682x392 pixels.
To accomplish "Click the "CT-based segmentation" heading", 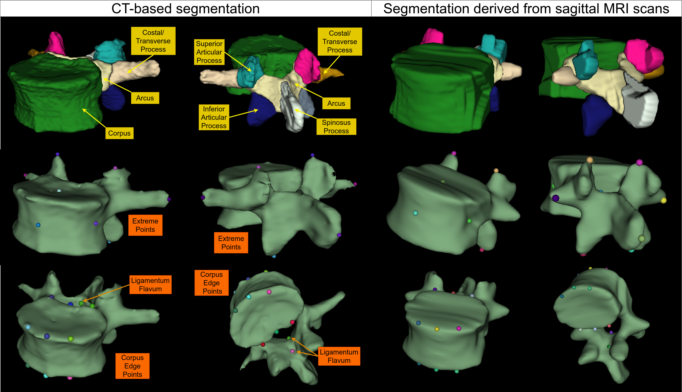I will [x=185, y=9].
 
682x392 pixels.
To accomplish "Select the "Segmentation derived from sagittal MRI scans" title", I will [x=526, y=9].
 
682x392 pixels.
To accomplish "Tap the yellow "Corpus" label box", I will [x=119, y=133].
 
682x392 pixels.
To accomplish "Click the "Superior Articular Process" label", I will [x=209, y=52].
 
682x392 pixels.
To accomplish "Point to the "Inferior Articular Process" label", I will [x=214, y=117].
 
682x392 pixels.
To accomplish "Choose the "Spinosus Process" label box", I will [x=336, y=127].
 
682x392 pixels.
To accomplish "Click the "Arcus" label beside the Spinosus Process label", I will [x=336, y=103].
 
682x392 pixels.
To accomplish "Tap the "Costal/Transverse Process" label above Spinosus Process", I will [x=340, y=42].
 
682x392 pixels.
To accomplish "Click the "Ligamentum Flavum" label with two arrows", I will [x=339, y=356].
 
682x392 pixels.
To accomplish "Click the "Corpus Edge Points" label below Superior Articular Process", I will [x=212, y=283].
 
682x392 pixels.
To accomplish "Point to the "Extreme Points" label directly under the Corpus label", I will [x=145, y=225].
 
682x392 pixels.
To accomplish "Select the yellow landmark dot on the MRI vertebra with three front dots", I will [x=437, y=329].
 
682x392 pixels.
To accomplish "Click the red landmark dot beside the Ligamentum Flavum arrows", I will [x=292, y=322].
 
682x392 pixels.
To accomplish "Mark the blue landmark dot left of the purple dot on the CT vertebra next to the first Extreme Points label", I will [x=38, y=225].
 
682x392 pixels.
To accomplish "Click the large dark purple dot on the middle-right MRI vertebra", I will [x=555, y=198].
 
